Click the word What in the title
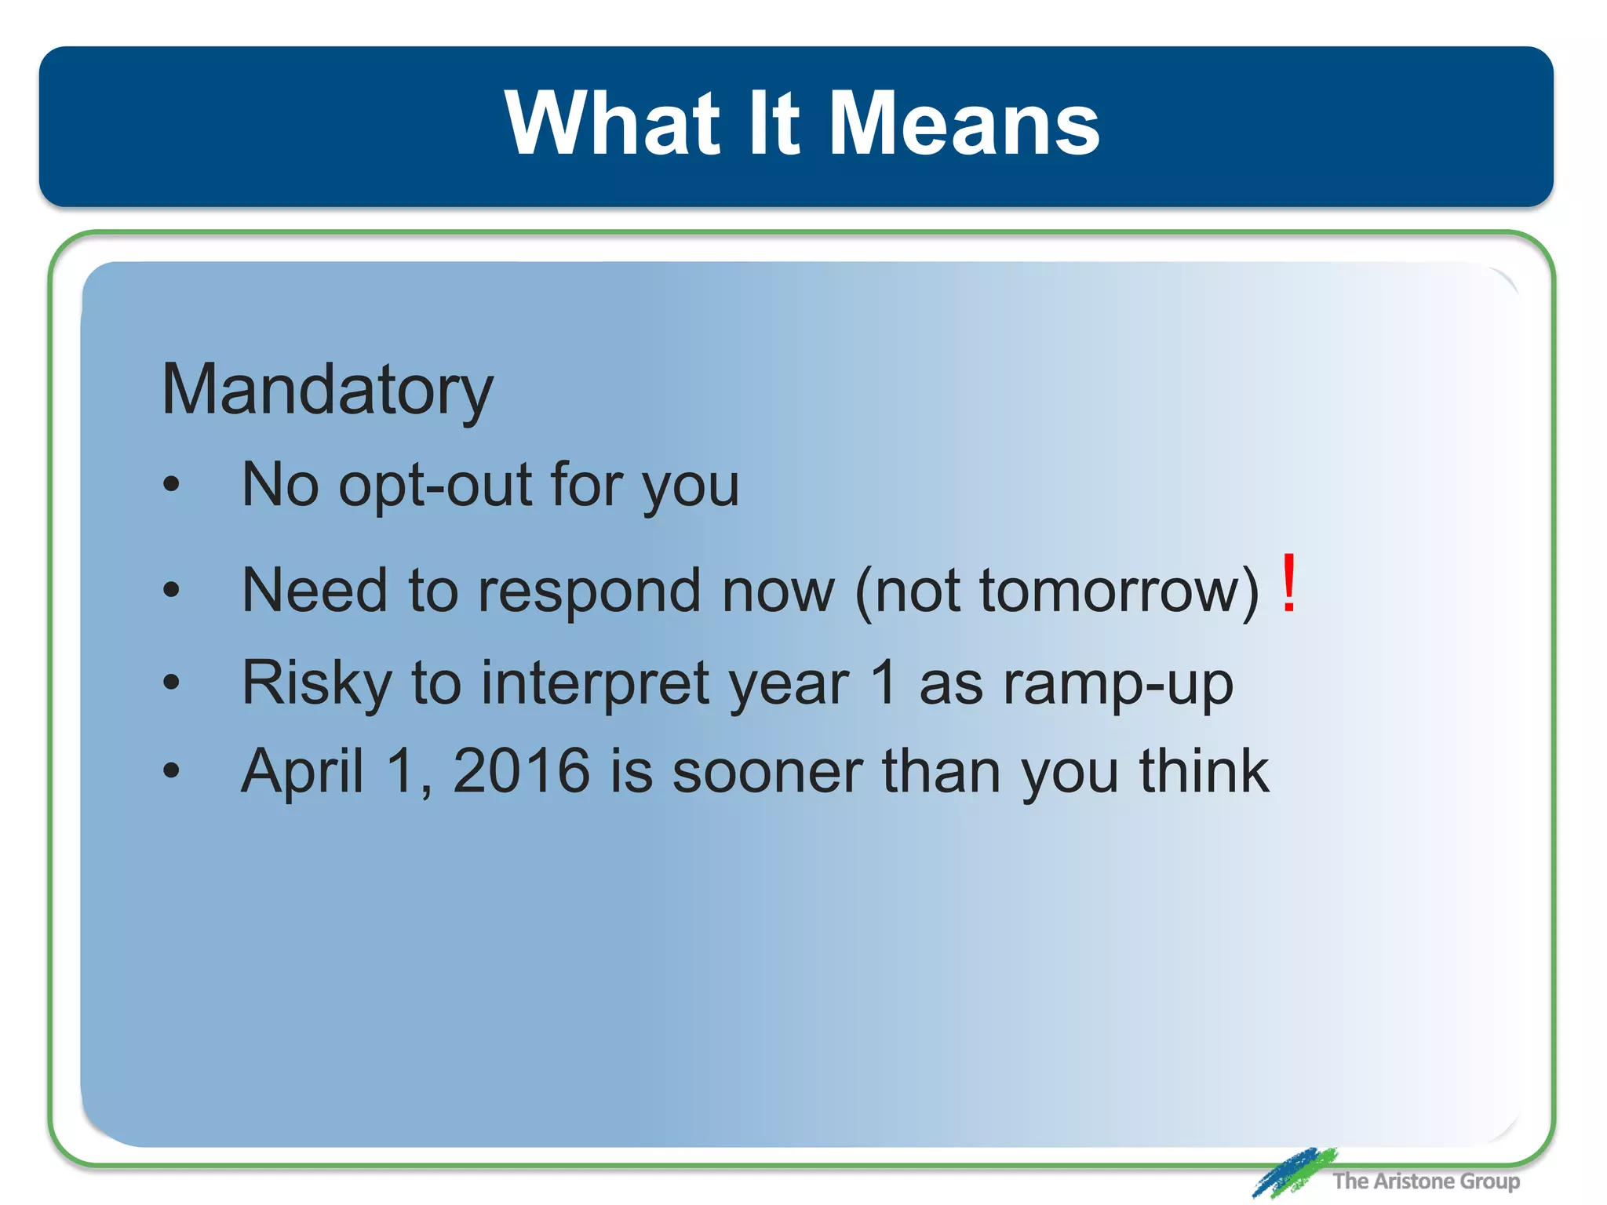click(612, 124)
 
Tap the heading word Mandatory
click(327, 390)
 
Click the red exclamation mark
click(1288, 584)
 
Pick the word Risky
click(315, 683)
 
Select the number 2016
click(521, 771)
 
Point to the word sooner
click(767, 772)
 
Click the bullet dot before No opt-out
click(171, 484)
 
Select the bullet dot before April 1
click(171, 770)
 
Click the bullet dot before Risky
click(171, 682)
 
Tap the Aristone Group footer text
click(1425, 1181)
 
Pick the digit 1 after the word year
click(884, 682)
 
